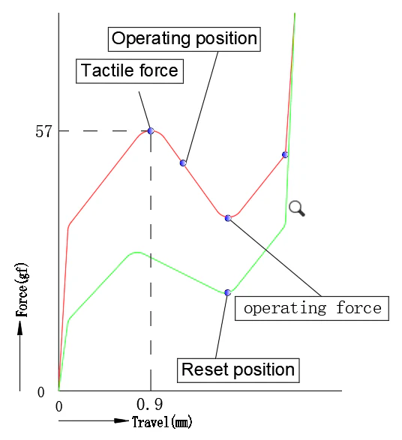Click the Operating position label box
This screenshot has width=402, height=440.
click(184, 39)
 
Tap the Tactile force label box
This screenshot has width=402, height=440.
click(130, 71)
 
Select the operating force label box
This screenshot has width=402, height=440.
click(312, 308)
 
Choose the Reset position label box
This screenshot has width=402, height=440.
click(238, 370)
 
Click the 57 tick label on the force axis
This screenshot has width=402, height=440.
click(43, 131)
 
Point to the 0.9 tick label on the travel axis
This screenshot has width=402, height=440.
click(150, 404)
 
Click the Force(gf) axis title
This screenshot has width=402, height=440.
click(22, 290)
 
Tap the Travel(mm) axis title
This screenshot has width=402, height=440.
click(162, 422)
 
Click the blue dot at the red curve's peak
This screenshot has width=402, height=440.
click(151, 130)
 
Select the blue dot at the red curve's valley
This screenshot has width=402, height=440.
click(228, 218)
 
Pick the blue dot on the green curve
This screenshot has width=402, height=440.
click(228, 292)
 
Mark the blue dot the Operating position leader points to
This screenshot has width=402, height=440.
click(183, 163)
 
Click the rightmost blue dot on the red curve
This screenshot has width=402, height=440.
click(285, 154)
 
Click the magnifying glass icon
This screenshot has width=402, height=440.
click(297, 208)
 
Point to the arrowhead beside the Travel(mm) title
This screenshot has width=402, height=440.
click(121, 421)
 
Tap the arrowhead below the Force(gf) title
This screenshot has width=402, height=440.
click(19, 328)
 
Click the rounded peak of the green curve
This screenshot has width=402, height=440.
click(137, 253)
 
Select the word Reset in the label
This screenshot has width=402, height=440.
click(205, 370)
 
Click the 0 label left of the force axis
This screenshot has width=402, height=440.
click(41, 392)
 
